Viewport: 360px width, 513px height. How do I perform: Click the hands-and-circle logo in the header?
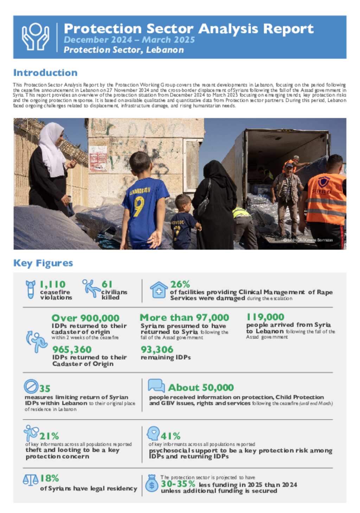coord(36,37)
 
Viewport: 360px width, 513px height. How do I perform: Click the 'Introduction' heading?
coord(45,73)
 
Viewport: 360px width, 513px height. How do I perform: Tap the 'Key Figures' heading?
coord(43,263)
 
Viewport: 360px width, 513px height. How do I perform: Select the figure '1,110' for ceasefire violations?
coord(53,284)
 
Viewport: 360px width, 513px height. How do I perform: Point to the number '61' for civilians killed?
coord(107,284)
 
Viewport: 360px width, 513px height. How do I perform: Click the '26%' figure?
coord(180,284)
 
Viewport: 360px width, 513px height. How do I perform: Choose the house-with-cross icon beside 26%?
coord(159,290)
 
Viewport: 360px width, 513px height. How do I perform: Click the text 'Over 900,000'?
coord(85,318)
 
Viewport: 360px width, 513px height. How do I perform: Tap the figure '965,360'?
coord(72,350)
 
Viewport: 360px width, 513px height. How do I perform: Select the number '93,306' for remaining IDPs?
coord(157,350)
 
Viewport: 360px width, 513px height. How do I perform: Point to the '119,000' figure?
coord(265,317)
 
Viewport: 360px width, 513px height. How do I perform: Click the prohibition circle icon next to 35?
coord(31,386)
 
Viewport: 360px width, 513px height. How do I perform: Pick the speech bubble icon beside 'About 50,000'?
coord(156,385)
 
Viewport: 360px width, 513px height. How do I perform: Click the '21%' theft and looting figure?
coord(49,436)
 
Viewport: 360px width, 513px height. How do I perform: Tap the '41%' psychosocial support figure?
coord(171,436)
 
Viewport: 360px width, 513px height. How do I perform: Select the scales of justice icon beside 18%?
coord(31,480)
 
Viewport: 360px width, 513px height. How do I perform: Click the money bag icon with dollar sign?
coord(152,483)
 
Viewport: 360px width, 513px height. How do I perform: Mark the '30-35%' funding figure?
coord(178,484)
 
